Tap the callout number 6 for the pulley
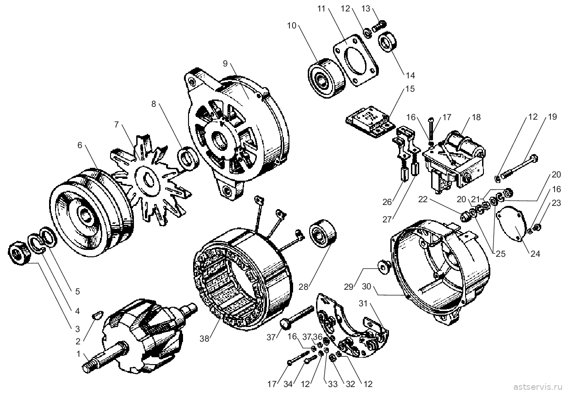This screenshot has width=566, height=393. [x=80, y=145]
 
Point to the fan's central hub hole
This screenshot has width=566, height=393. [x=148, y=179]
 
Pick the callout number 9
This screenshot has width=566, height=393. [x=225, y=64]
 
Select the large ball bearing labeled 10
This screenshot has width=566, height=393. [x=326, y=78]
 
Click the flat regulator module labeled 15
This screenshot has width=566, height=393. [x=370, y=122]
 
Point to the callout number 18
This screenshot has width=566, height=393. [x=476, y=117]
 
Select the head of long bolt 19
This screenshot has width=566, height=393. [x=533, y=159]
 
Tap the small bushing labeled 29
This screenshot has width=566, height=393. [x=384, y=268]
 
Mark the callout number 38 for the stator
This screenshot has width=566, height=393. [x=205, y=339]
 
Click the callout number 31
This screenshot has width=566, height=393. [x=363, y=303]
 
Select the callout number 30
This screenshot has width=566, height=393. [x=366, y=287]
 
